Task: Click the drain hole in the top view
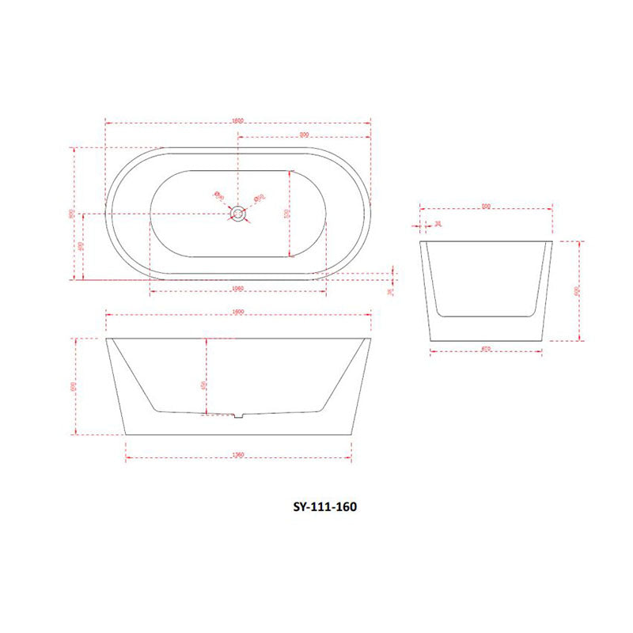(238, 214)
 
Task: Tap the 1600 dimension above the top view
(237, 120)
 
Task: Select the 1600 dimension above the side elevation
(237, 311)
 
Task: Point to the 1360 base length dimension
(237, 454)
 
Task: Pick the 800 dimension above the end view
(486, 208)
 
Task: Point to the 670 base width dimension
(485, 349)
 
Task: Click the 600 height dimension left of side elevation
(74, 386)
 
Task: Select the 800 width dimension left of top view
(72, 213)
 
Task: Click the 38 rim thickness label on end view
(438, 225)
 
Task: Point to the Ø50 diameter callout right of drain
(258, 198)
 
